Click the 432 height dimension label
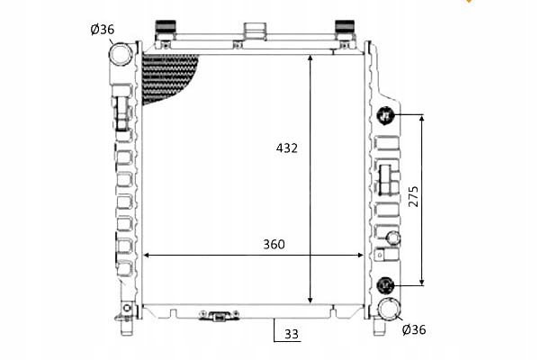pyautogui.click(x=286, y=147)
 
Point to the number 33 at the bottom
pyautogui.click(x=291, y=334)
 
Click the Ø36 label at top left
pyautogui.click(x=102, y=30)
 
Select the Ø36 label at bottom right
pyautogui.click(x=413, y=329)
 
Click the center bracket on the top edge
pyautogui.click(x=256, y=31)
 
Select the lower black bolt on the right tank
pyautogui.click(x=387, y=285)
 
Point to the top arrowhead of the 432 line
pyautogui.click(x=310, y=58)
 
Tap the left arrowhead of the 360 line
pyautogui.click(x=148, y=256)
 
